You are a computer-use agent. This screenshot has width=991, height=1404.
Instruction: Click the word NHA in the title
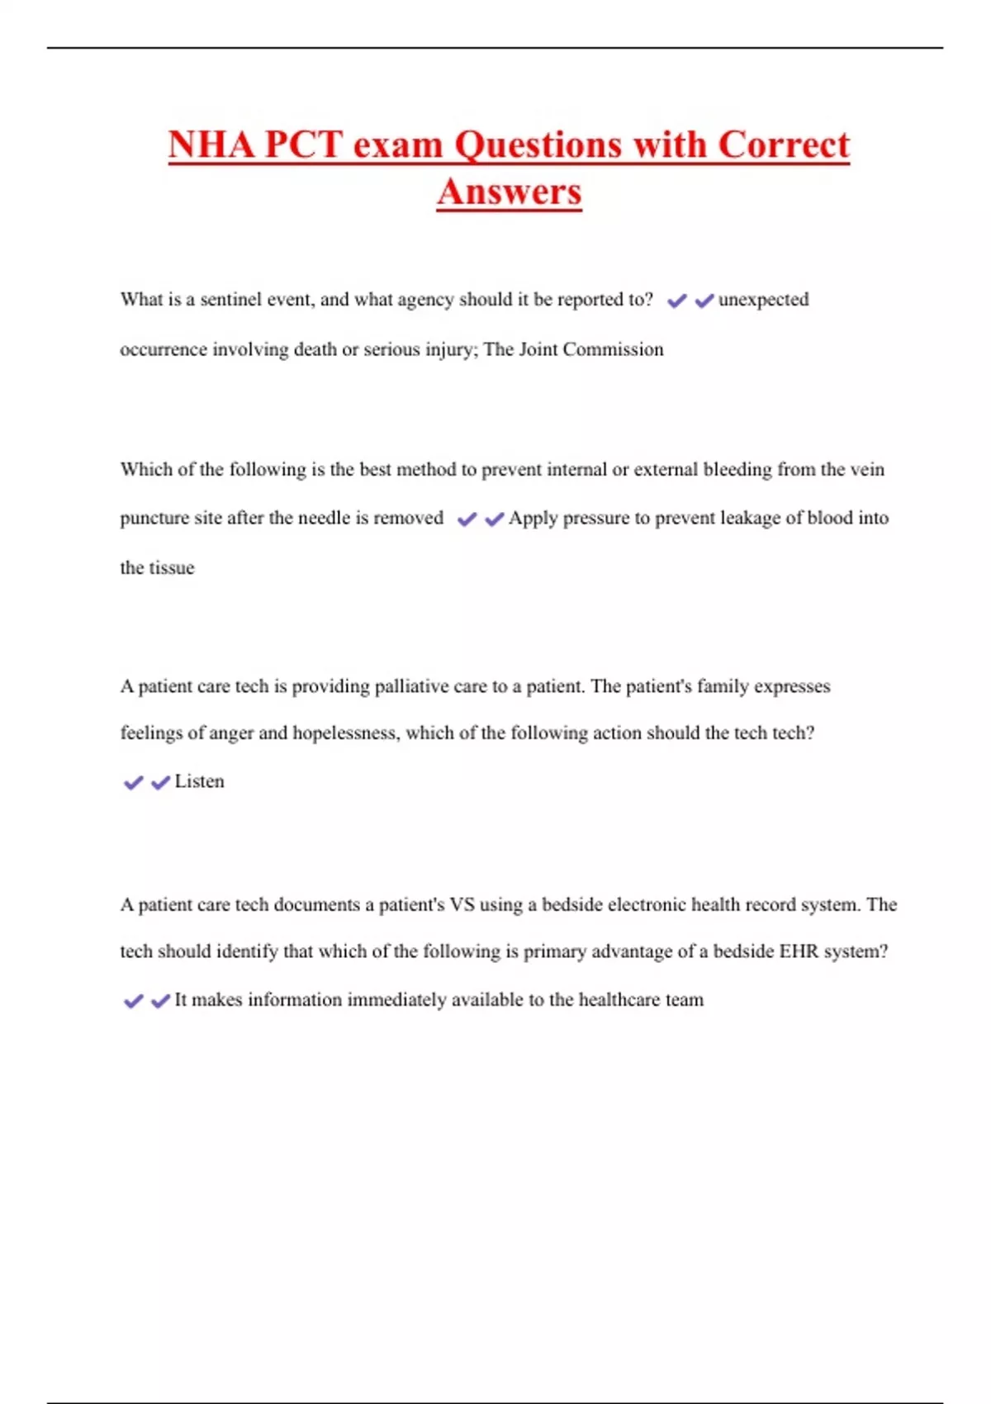pos(211,145)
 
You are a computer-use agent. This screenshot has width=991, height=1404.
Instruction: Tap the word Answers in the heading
pos(510,192)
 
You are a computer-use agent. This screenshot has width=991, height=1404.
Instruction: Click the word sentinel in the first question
pos(231,299)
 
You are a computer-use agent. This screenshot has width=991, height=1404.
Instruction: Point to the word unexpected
pos(763,299)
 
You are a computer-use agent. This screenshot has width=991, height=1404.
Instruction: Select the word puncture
pos(154,519)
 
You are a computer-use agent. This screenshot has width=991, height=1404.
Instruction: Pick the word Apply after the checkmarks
pos(533,519)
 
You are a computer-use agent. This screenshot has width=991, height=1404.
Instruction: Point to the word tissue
pos(172,568)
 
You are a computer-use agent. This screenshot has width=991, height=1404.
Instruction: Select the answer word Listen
pos(199,781)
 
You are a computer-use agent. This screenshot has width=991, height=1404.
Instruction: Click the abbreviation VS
pos(462,905)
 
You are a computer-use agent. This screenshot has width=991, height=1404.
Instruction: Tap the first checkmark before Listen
pos(133,783)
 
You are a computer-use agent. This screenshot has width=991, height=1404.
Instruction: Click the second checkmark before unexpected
pos(704,301)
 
